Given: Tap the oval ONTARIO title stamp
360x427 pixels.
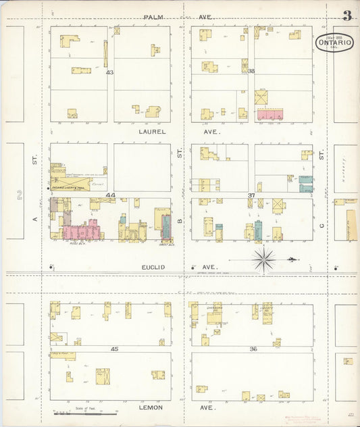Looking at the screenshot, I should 334,42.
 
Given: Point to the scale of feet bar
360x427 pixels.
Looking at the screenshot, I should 85,411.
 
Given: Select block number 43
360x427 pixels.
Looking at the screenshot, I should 109,72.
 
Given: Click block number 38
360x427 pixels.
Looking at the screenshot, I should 251,71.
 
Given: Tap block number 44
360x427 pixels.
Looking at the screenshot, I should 111,195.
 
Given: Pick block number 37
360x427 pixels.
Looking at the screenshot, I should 251,195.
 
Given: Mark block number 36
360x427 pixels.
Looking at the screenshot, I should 253,349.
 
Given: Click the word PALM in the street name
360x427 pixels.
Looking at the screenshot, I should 152,16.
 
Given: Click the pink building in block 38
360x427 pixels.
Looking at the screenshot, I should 269,115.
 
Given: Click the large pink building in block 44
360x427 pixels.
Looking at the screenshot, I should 81,231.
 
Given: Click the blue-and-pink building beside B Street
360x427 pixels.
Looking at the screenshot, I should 166,226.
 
